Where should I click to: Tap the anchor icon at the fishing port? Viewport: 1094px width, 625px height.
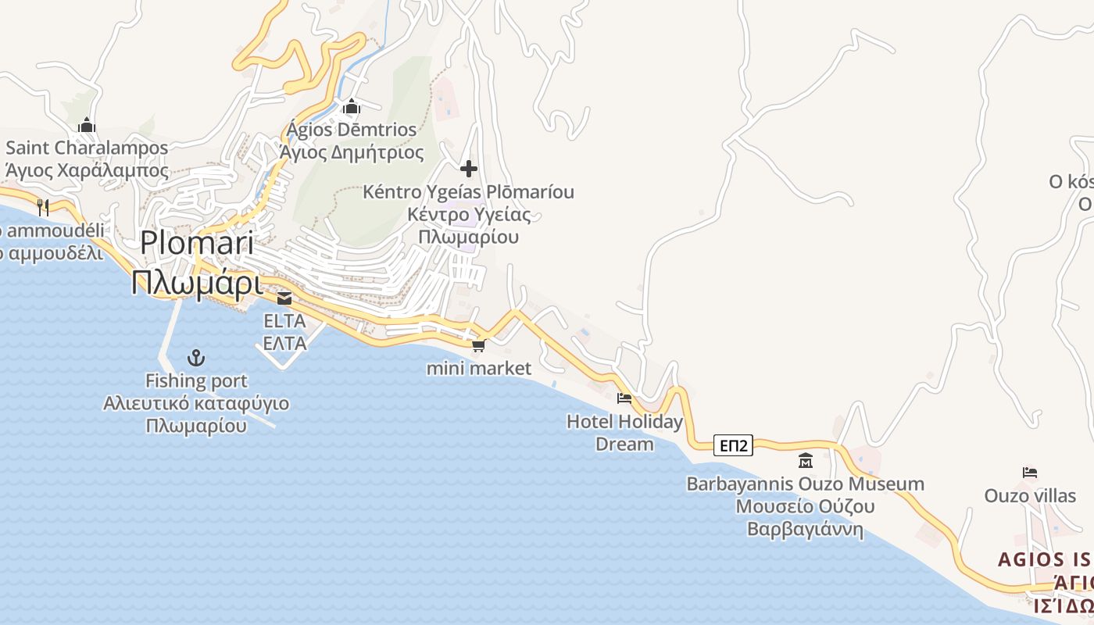point(196,359)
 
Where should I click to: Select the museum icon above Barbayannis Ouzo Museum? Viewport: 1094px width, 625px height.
point(806,461)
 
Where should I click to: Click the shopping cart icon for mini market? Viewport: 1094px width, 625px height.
point(478,345)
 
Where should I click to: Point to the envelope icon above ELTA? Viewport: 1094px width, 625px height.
point(284,298)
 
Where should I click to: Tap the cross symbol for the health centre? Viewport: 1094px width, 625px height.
point(469,169)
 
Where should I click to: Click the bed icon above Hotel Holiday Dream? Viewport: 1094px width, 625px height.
point(624,398)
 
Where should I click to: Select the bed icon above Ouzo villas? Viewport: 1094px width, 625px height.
point(1030,473)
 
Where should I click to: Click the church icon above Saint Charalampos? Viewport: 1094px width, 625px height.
point(87,125)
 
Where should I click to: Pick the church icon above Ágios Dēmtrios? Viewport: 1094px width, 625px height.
point(352,106)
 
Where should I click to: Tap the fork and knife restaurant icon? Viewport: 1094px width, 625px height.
point(43,207)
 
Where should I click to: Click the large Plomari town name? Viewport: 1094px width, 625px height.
point(197,243)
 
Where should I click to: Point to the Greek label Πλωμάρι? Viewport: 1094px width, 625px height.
point(197,283)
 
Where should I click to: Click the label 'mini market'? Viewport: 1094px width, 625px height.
point(478,368)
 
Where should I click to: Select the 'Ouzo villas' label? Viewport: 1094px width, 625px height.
point(1030,496)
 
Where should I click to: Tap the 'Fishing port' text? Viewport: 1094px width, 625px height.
point(196,381)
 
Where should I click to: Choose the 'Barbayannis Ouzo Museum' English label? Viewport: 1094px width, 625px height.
point(805,484)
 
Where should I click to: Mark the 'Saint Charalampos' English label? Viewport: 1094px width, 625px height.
point(87,148)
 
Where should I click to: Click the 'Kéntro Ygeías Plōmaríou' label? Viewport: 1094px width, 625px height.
point(468,192)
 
